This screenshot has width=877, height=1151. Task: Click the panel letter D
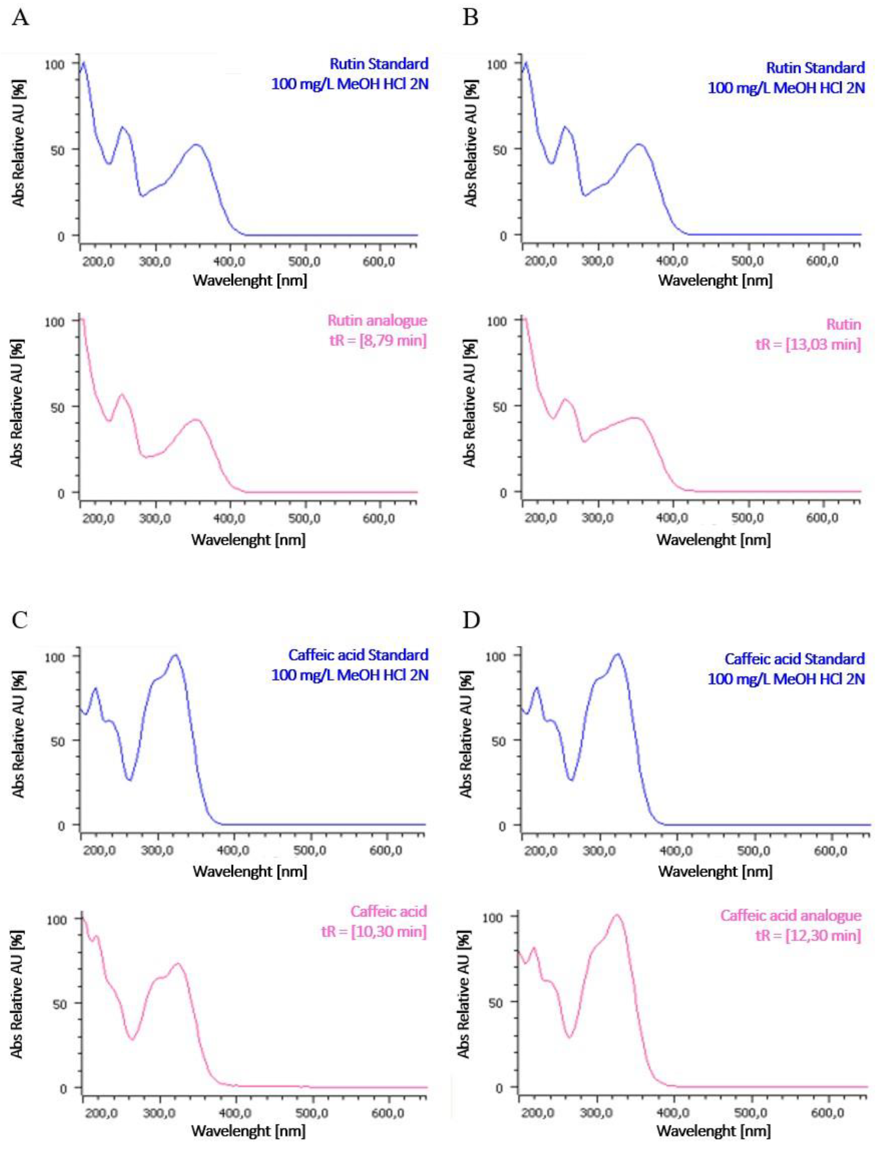471,620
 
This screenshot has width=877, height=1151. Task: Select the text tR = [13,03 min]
808,344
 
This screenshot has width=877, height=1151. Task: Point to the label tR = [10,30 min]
374,931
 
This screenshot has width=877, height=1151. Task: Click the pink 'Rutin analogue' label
377,320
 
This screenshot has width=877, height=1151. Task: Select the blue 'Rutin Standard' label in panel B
815,68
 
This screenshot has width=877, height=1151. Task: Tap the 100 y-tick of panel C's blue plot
55,658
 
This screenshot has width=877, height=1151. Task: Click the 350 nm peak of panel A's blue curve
196,145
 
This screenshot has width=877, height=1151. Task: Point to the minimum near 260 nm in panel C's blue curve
130,780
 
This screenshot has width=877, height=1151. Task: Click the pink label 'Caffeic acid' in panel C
389,912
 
